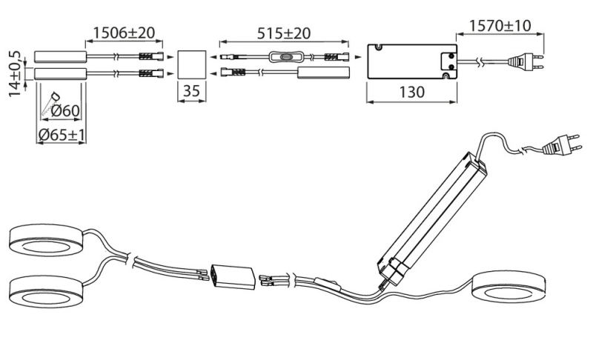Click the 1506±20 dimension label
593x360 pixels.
[x=124, y=33]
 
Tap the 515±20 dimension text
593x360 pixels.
[x=284, y=33]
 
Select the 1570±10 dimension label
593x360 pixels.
[x=500, y=26]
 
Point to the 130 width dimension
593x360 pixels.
[x=412, y=92]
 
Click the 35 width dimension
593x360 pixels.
[x=191, y=91]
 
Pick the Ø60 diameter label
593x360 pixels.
[x=65, y=110]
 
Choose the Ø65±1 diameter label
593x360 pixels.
[x=62, y=135]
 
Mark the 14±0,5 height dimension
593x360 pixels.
[x=15, y=73]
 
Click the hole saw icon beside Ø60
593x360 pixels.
[x=50, y=103]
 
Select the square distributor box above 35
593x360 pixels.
[x=192, y=64]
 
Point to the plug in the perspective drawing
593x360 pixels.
[x=560, y=144]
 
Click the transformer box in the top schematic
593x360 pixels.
[x=412, y=61]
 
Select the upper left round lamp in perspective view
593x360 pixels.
[x=47, y=240]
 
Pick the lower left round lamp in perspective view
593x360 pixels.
[x=47, y=292]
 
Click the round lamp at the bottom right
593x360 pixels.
[x=509, y=287]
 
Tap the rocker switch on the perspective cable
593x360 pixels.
[x=328, y=284]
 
